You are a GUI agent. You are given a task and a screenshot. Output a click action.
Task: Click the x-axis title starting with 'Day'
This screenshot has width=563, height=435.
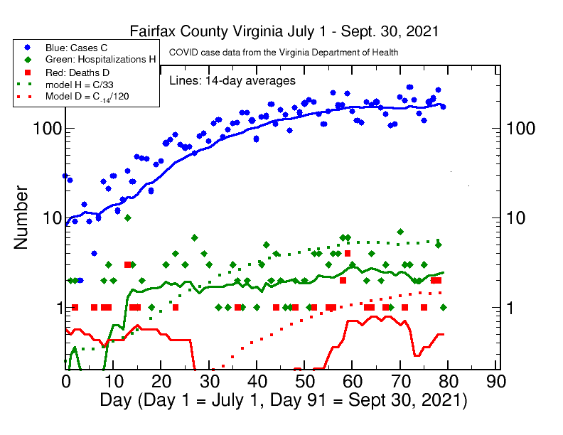click(283, 400)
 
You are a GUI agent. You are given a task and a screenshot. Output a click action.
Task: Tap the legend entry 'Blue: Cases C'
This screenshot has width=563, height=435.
click(75, 47)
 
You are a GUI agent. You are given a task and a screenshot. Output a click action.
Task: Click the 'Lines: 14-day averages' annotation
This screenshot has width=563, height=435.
click(232, 80)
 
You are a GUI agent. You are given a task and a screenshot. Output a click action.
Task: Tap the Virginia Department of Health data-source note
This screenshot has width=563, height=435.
click(282, 53)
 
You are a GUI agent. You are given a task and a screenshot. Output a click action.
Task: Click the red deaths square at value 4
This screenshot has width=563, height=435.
click(348, 253)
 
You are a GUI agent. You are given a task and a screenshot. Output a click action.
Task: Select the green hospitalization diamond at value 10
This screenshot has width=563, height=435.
click(127, 217)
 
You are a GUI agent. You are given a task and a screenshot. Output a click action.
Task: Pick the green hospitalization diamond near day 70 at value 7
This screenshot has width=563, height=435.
click(400, 232)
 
